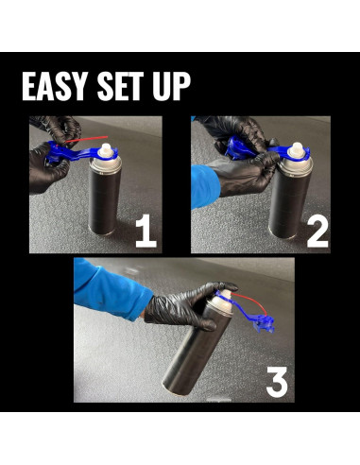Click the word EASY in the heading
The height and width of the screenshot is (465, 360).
pos(55,86)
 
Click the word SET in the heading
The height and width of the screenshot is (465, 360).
pos(120,86)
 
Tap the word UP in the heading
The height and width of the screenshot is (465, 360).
pos(172,86)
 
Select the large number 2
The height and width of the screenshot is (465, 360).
pos(317,232)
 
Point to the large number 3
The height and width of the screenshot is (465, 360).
pos(277,382)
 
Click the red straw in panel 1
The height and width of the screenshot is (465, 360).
pos(87,139)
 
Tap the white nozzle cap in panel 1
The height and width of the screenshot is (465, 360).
pos(106,150)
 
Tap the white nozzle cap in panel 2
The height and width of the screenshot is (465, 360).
pos(296,149)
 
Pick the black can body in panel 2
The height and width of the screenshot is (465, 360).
pos(289,200)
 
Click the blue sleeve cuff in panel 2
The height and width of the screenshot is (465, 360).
pos(205,186)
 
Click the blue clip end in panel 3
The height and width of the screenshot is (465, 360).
pos(263,323)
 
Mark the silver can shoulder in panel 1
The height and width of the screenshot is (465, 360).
pos(106,164)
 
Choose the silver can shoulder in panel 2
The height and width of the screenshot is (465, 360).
pos(296,164)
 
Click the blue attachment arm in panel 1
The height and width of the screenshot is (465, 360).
pos(78,153)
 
